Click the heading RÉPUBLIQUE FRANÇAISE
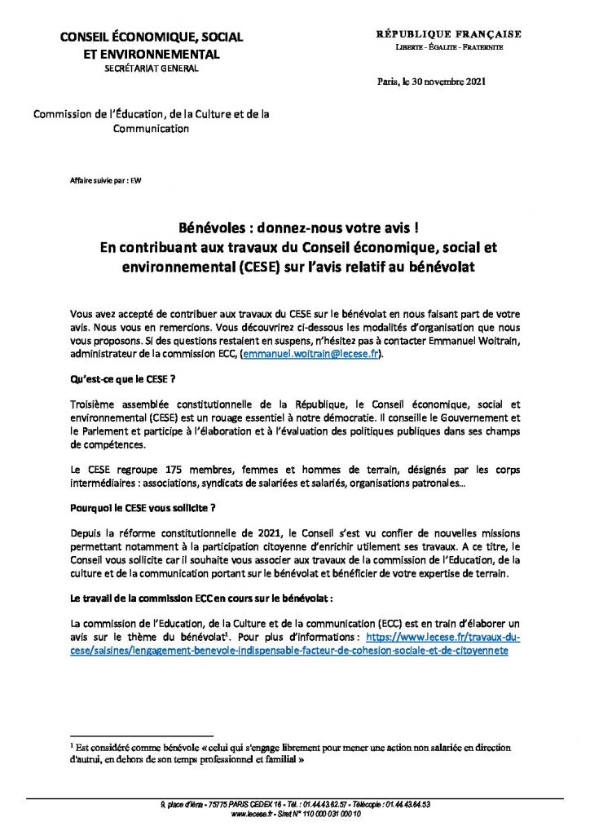point(448,34)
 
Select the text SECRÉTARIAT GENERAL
point(151,68)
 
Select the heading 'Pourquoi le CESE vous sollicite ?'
point(143,508)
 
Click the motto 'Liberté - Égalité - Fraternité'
point(449,48)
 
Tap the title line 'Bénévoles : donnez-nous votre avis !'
point(295,231)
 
